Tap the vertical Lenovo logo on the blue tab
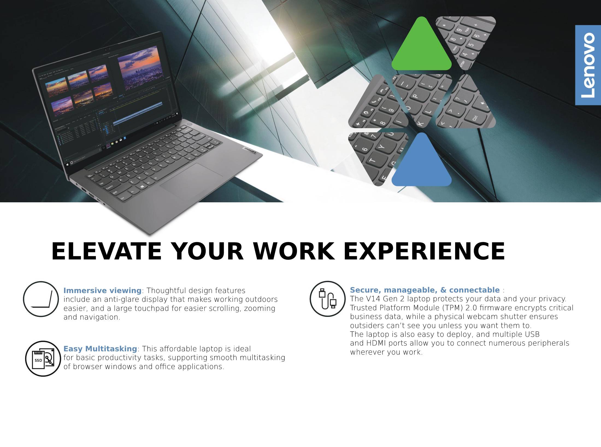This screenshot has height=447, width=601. click(588, 65)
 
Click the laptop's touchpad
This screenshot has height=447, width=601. click(191, 179)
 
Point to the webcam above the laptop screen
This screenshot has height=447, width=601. click(105, 50)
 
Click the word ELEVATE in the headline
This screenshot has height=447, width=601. click(107, 251)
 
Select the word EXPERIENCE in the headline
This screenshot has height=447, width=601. click(424, 251)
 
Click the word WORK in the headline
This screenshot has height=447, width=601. click(294, 251)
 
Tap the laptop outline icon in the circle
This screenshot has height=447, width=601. click(41, 299)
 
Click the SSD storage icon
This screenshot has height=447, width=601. click(43, 359)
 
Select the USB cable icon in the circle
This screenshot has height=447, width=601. click(328, 299)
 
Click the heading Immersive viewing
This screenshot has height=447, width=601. click(102, 290)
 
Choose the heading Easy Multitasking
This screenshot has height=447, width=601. click(100, 349)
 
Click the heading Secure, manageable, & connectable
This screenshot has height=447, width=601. click(425, 290)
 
